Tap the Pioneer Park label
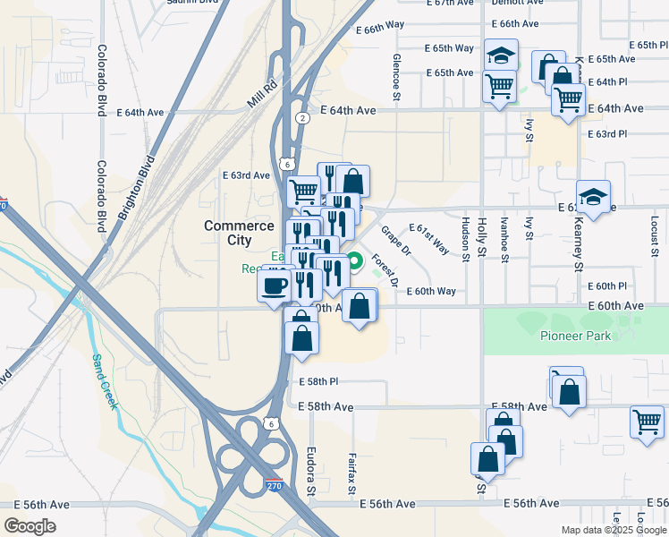pos(575,336)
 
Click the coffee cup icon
pos(275,286)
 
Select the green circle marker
pos(355,262)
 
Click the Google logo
pos(30,525)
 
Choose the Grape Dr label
pos(394,239)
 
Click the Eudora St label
pos(311,471)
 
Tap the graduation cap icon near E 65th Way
pos(501,55)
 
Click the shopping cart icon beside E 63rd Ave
pos(303,191)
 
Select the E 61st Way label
pos(429,239)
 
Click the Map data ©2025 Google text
pos(613,530)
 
